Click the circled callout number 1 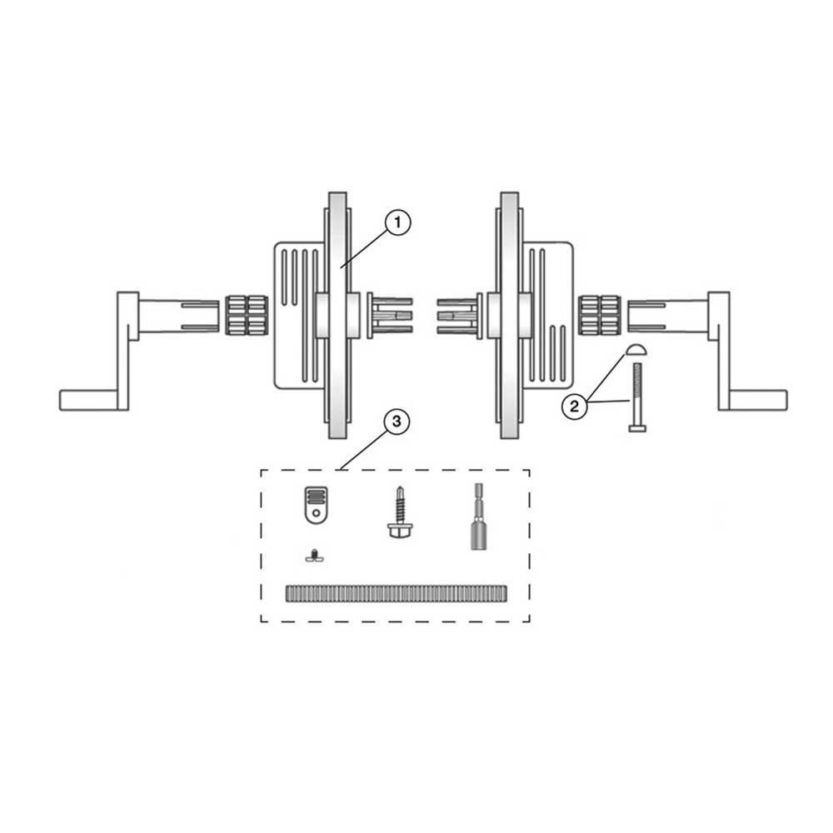(398, 223)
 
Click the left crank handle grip (90, 400)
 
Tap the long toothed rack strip (396, 592)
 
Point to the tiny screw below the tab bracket (313, 556)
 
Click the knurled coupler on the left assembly (246, 315)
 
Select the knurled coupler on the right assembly (600, 315)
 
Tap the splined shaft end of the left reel (388, 315)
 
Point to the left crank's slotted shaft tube (179, 315)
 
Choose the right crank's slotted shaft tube (666, 315)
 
